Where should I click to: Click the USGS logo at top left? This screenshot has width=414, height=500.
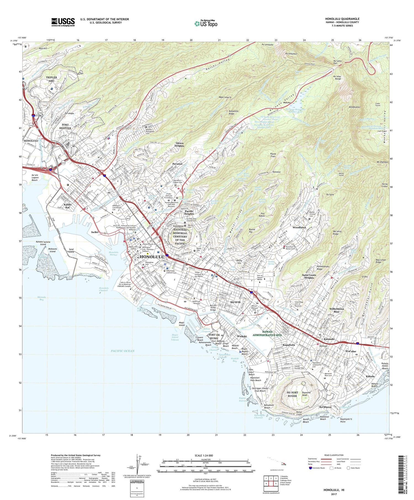click(63, 22)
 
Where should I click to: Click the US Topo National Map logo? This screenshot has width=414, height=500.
click(206, 24)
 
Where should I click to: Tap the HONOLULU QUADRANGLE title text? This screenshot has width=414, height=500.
click(342, 19)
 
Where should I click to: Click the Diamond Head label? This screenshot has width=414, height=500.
click(306, 394)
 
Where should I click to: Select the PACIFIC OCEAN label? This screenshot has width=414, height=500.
click(123, 351)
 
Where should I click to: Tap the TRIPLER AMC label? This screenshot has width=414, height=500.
click(52, 79)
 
